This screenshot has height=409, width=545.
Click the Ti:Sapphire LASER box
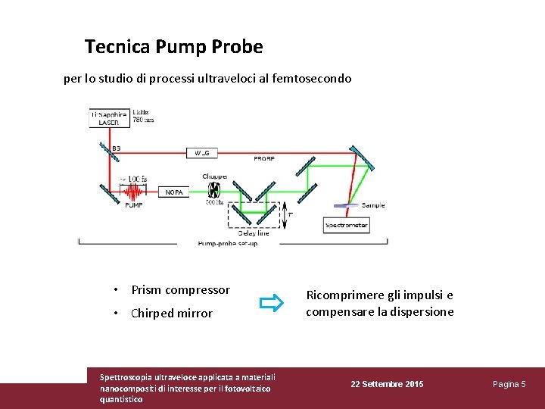tap(109, 118)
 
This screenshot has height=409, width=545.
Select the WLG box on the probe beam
tap(202, 152)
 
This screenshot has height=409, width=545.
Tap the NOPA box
tap(174, 192)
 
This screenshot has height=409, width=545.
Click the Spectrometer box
tap(346, 225)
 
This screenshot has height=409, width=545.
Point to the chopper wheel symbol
tap(214, 190)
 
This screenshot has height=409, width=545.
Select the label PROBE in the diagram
tap(264, 159)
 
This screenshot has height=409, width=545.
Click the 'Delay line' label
tap(254, 233)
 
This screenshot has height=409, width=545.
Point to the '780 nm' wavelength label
tap(143, 119)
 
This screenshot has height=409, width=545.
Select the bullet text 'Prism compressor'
tap(180, 290)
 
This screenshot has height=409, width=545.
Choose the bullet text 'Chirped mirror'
tap(172, 314)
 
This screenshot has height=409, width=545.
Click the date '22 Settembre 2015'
tap(387, 385)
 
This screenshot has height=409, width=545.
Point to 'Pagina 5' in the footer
tap(509, 385)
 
